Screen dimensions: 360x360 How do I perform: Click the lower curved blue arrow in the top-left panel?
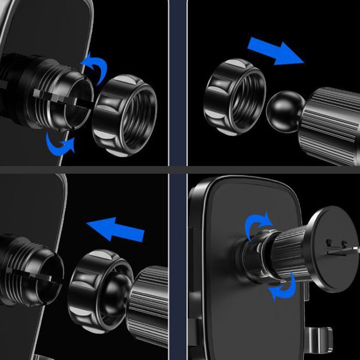tap(60, 143)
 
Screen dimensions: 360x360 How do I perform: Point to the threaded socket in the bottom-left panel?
tap(34, 271)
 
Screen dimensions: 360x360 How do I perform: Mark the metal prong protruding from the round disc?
tap(353, 248)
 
